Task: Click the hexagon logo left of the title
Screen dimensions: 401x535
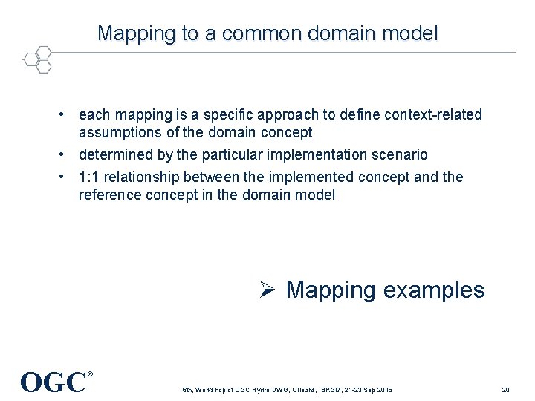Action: pos(36,59)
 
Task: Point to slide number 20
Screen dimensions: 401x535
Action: pos(505,390)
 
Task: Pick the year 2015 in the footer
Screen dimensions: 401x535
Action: pos(383,391)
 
